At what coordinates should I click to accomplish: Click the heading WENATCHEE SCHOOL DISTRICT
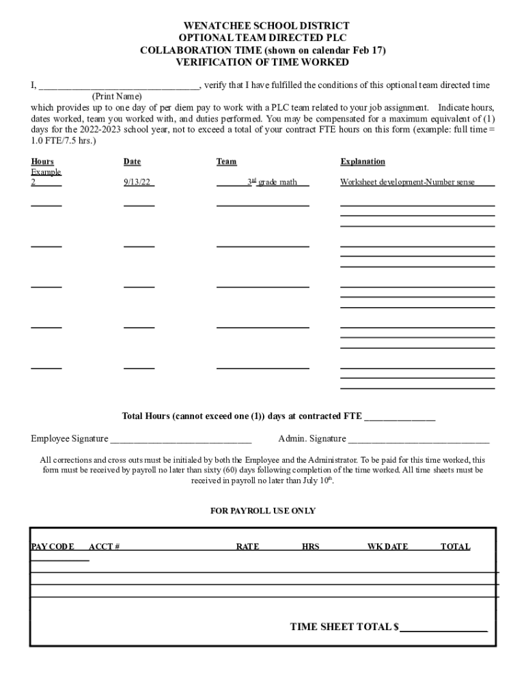pos(263,26)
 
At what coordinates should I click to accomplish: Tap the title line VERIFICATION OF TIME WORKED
pos(263,62)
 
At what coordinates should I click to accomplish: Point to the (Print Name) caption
pos(117,97)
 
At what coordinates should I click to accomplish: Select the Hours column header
pos(42,162)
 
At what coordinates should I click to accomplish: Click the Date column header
pos(132,162)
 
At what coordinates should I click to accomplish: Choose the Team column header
pos(226,162)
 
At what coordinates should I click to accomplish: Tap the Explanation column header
pos(363,162)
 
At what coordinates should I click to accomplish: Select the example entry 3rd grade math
pos(271,182)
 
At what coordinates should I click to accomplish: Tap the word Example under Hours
pos(46,172)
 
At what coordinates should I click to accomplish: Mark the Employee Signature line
pos(180,440)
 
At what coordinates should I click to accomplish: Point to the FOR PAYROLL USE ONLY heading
pos(263,511)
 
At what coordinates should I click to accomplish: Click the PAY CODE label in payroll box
pos(53,547)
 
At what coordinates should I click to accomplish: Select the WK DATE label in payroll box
pos(387,547)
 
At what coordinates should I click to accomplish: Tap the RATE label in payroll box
pos(247,547)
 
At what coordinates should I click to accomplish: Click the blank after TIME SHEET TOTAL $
pos(443,628)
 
